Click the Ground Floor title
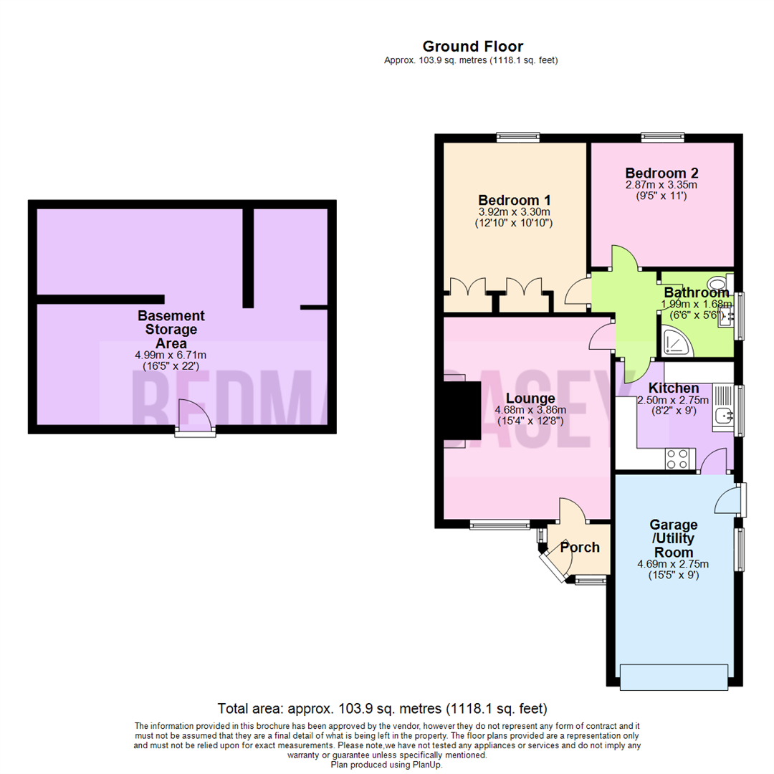(x=472, y=47)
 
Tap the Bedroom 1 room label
(x=514, y=199)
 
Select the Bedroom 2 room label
(x=661, y=173)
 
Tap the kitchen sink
(x=723, y=413)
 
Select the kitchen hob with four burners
(x=677, y=458)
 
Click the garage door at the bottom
(x=677, y=675)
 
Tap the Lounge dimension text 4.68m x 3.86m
(x=530, y=410)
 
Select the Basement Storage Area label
(x=171, y=329)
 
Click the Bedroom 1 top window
(x=519, y=136)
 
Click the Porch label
(x=580, y=548)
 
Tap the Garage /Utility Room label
(x=673, y=539)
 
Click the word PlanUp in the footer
(x=426, y=765)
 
